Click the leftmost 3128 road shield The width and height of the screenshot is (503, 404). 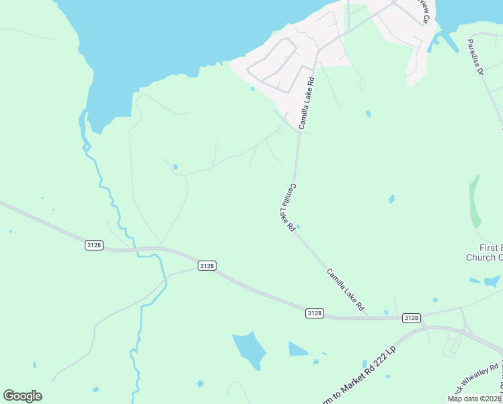point(94,246)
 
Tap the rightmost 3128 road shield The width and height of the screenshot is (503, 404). point(411,317)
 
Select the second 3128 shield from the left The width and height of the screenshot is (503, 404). point(207,266)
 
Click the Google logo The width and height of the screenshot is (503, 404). point(22,396)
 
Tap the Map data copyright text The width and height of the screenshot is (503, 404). point(474,399)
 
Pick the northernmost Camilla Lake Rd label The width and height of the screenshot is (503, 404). point(307,103)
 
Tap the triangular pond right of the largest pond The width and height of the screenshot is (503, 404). point(297,349)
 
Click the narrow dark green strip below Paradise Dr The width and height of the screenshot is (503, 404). point(475,202)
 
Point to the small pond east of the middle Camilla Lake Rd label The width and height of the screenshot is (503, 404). point(391,199)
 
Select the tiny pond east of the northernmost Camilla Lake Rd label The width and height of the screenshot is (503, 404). point(369,114)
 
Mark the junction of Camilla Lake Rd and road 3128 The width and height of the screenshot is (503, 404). point(369,316)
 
